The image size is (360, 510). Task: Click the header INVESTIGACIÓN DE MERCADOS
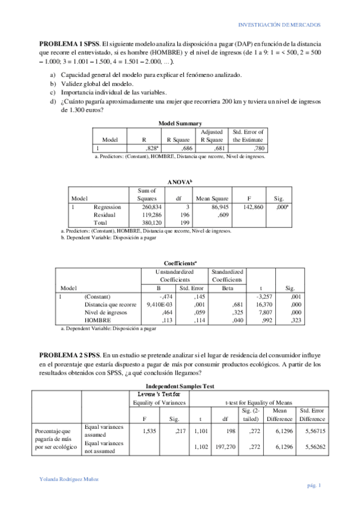[x=279, y=25]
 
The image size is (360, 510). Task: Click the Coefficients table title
[x=180, y=263]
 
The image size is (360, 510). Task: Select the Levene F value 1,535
[x=146, y=431]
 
